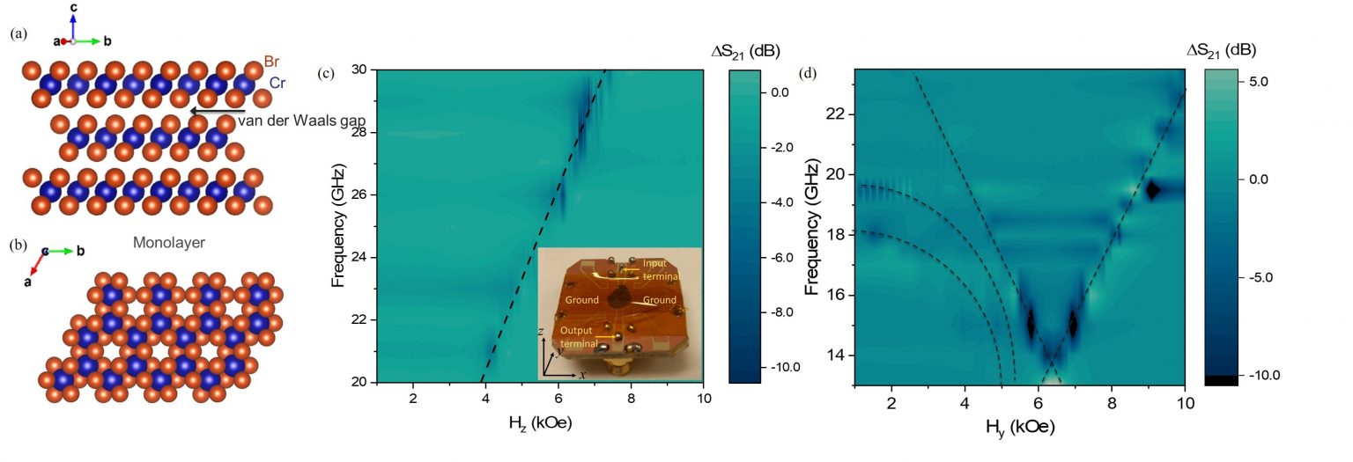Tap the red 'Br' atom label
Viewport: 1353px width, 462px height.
pyautogui.click(x=273, y=62)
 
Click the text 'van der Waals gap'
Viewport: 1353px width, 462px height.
pyautogui.click(x=288, y=121)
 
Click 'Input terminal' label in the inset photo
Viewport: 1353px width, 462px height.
pyautogui.click(x=654, y=268)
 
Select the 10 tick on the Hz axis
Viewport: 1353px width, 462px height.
pyautogui.click(x=703, y=400)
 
